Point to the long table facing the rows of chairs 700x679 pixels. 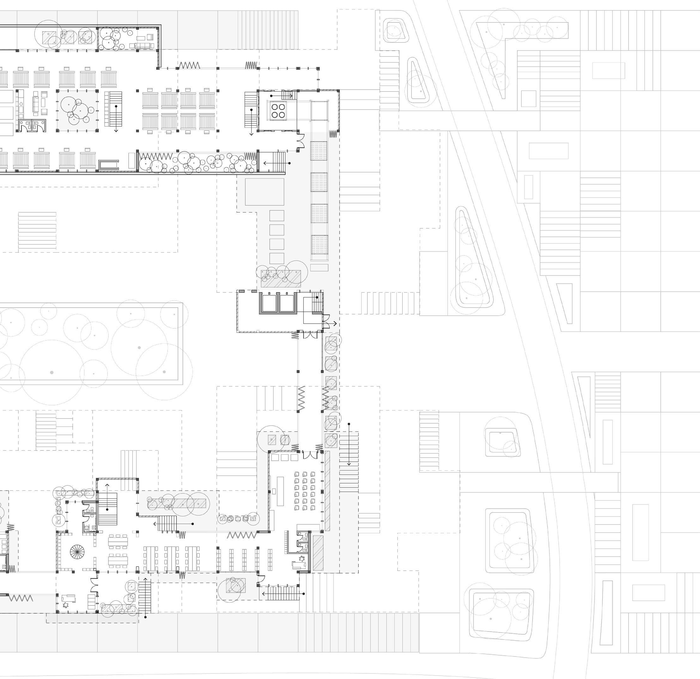point(279,491)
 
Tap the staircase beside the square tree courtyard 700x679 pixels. point(113,109)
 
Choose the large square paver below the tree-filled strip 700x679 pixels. point(265,192)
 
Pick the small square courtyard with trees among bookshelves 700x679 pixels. point(77,110)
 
